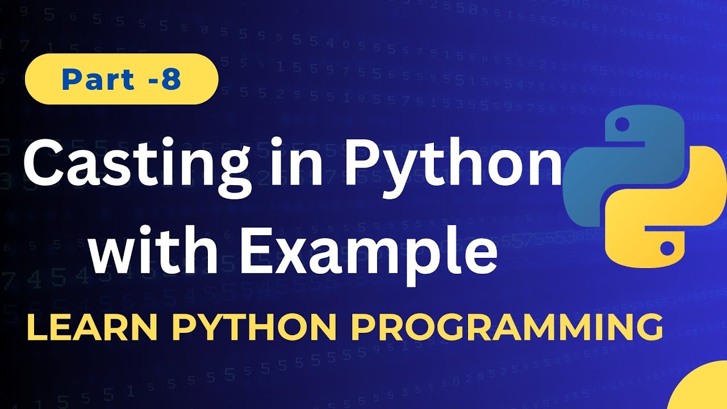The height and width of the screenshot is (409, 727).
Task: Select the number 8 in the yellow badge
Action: click(x=170, y=80)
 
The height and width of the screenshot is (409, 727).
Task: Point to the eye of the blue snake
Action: click(x=621, y=123)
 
